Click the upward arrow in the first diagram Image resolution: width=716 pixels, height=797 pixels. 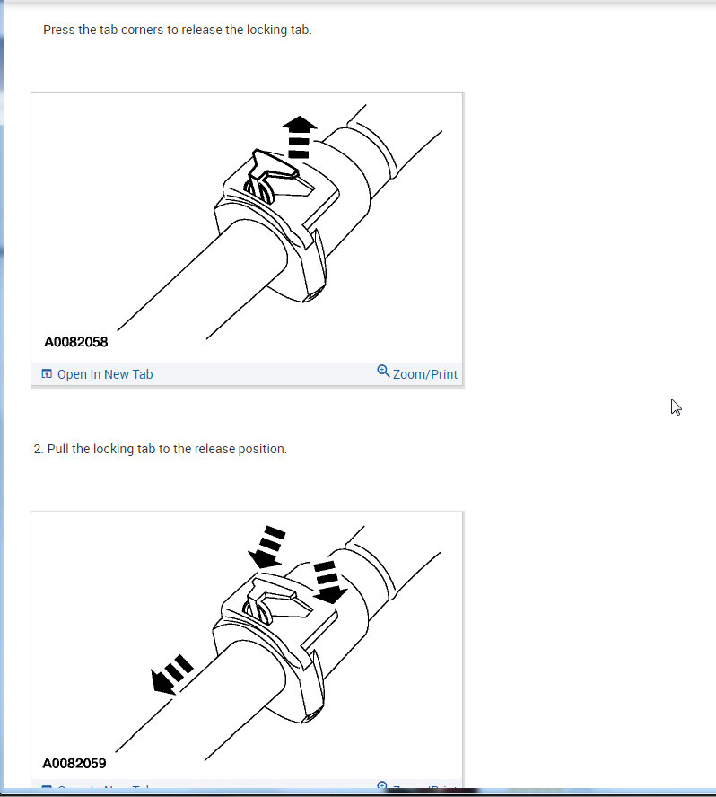pos(299,135)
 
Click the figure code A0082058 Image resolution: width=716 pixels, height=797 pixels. pos(76,342)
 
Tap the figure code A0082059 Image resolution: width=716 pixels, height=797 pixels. pos(74,764)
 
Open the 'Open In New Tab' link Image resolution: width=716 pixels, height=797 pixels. pos(104,374)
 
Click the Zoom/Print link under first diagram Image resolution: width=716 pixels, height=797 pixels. pos(424,374)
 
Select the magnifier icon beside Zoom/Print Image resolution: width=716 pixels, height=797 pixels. pos(383,372)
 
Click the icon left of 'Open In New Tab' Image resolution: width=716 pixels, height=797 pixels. pos(47,374)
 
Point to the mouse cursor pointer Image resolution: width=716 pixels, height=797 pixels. pos(676,407)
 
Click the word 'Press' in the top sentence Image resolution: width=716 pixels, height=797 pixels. pos(59,30)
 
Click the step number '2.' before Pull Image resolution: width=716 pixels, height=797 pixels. pos(39,449)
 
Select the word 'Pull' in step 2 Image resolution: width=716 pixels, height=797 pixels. pos(57,449)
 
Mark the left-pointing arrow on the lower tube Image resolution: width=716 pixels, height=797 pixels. pos(171,674)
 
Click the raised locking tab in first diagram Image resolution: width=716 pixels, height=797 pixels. pos(274,166)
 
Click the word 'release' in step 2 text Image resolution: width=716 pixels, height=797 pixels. pos(211,449)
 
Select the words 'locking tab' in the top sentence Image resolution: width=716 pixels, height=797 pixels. pos(279,30)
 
